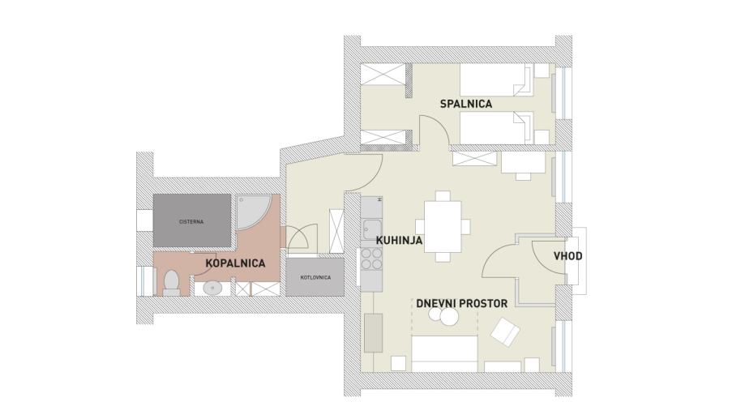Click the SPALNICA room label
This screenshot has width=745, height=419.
tap(465, 104)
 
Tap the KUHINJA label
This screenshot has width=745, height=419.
tap(399, 241)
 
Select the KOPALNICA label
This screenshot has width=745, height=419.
tap(235, 263)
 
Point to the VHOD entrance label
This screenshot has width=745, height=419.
tap(567, 256)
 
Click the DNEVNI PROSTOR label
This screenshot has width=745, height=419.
tap(462, 304)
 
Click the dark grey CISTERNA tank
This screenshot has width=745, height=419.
tap(192, 220)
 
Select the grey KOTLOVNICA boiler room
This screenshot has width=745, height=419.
tap(315, 277)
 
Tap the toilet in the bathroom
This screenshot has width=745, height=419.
tap(171, 282)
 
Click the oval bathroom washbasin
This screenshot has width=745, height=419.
tap(212, 288)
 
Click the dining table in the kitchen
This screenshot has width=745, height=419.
tap(443, 226)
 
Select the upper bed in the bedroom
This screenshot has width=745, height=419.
tap(495, 79)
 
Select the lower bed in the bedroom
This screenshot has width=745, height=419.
tap(495, 127)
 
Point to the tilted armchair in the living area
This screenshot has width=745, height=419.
tap(505, 332)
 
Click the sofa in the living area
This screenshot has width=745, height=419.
tap(444, 354)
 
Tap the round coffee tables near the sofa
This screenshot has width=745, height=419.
tap(443, 315)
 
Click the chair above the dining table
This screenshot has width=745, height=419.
tap(443, 196)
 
